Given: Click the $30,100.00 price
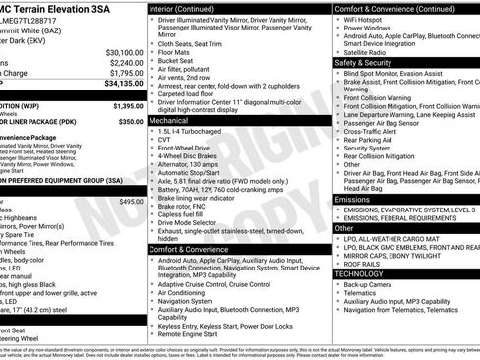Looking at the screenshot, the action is coord(124,52).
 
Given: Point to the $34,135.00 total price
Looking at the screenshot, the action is coord(123,85).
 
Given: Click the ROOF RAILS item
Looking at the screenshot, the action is coord(365,263).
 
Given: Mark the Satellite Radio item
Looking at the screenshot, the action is coord(367,51).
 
